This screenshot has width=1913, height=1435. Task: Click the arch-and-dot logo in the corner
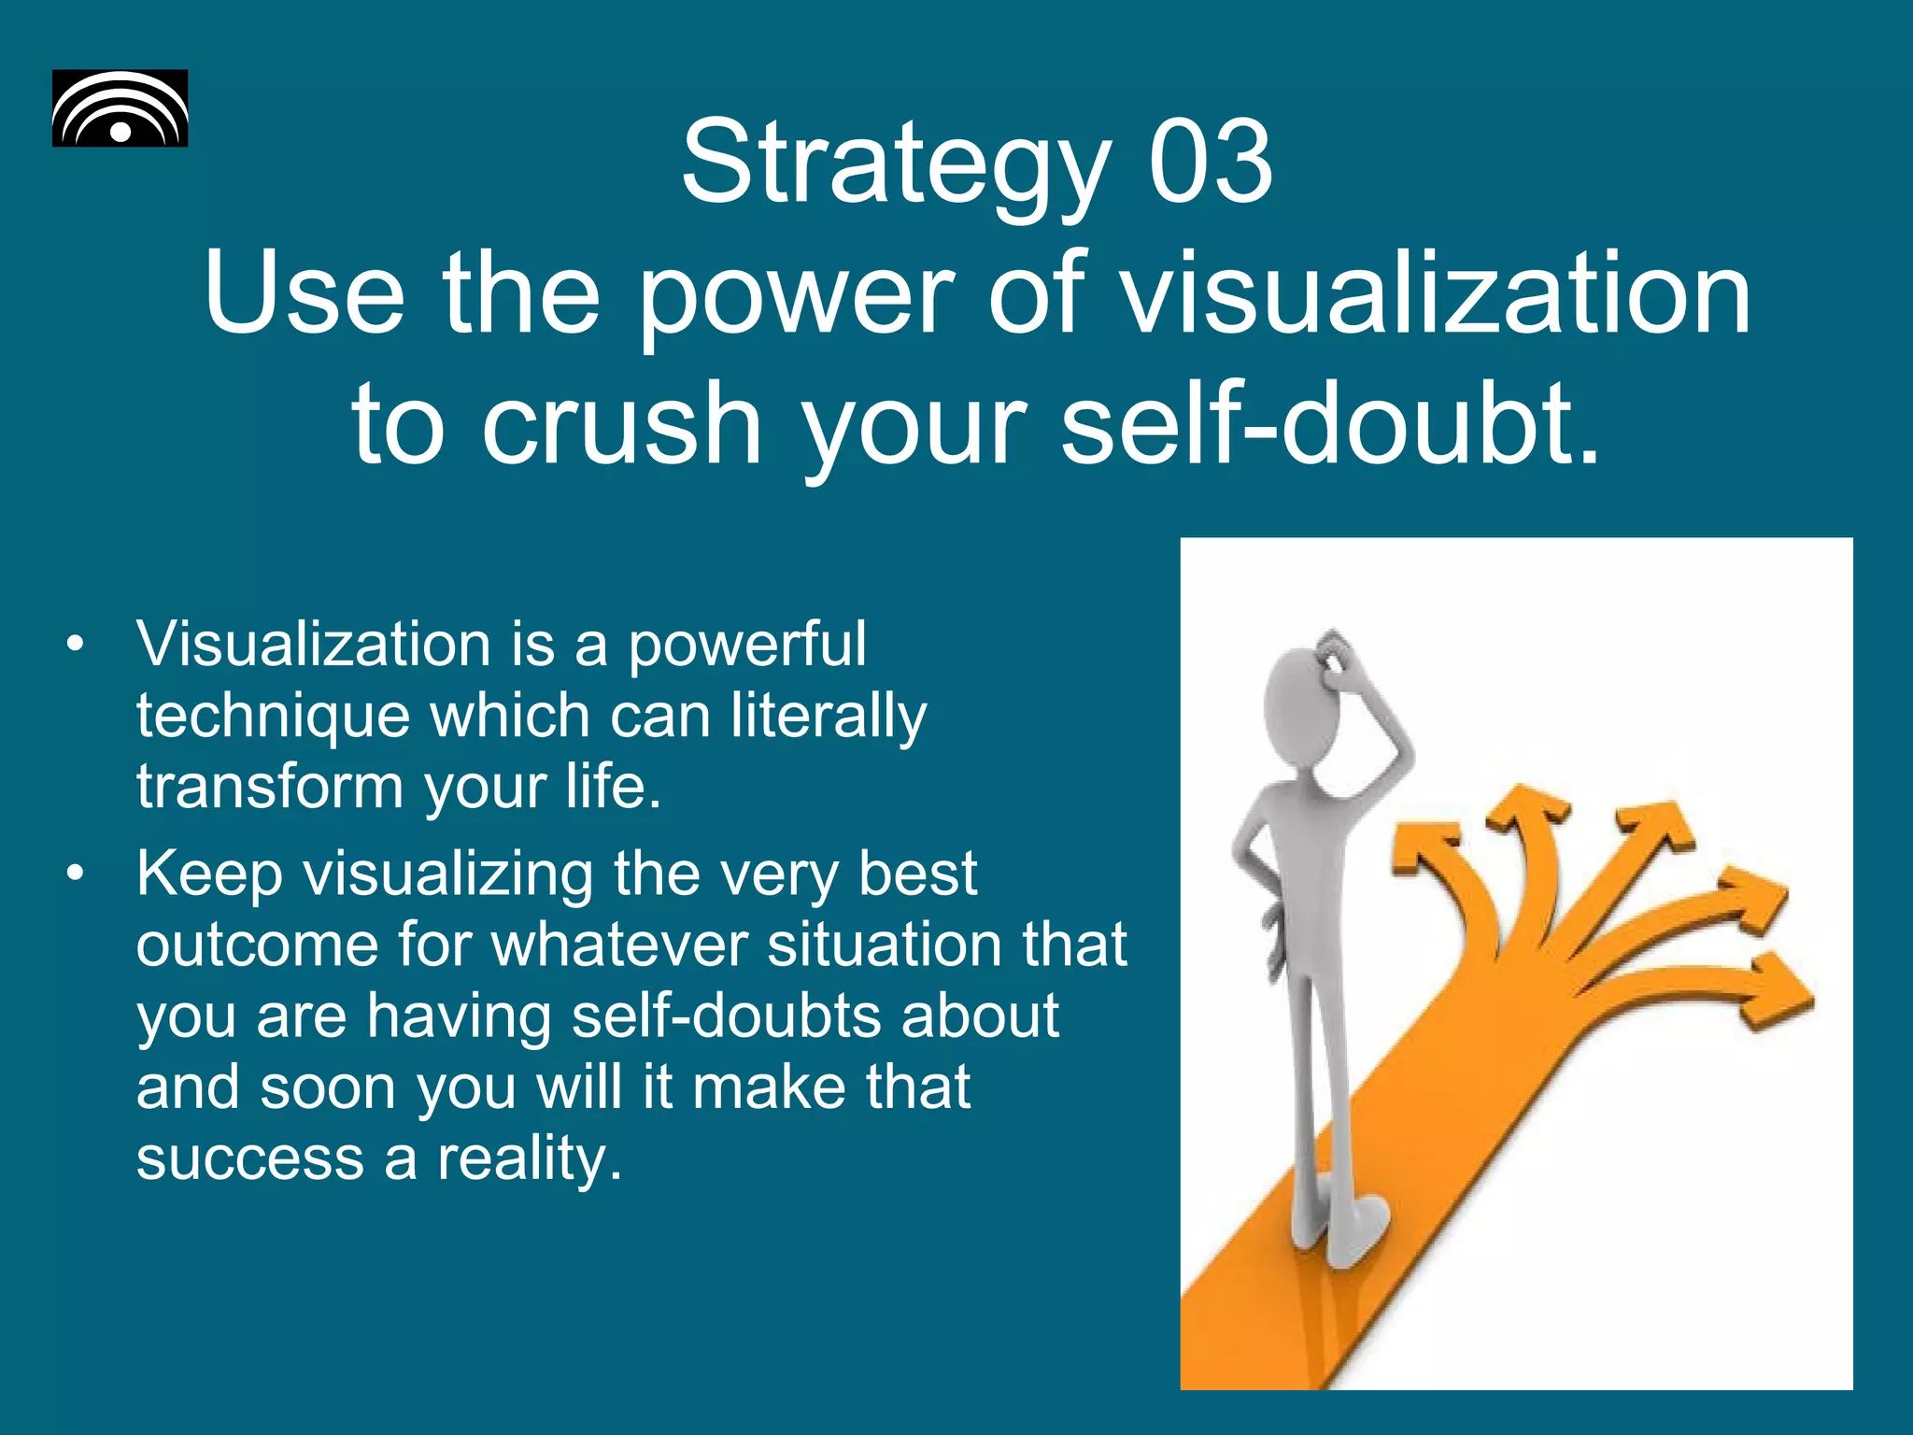click(x=120, y=108)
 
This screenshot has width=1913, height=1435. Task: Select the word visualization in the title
click(x=1435, y=293)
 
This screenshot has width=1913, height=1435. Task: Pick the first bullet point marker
click(x=76, y=645)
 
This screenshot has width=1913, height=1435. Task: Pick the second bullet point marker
click(x=76, y=874)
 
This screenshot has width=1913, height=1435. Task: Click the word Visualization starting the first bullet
click(x=314, y=645)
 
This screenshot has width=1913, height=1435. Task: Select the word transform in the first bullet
click(x=270, y=787)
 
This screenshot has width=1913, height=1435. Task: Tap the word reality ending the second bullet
click(x=529, y=1160)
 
